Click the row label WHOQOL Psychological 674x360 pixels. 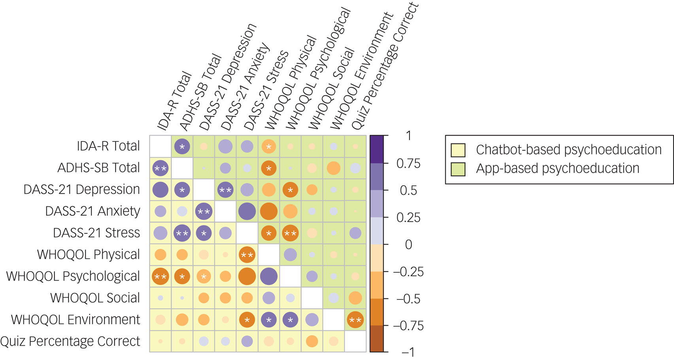[73, 276]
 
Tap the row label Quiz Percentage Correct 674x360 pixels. [70, 341]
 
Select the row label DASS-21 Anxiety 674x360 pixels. [93, 211]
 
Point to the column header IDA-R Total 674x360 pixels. [174, 102]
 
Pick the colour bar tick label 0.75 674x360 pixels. [408, 164]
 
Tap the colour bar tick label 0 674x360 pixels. [408, 245]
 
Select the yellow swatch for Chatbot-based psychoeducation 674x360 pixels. [458, 150]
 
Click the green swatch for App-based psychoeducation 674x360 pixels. [458, 169]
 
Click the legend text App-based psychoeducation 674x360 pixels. [557, 169]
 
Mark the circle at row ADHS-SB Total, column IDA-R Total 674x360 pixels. [160, 168]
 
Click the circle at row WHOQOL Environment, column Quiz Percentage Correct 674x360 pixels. [355, 320]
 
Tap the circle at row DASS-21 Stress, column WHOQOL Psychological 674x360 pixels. [291, 233]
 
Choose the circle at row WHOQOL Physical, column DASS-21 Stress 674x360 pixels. [247, 255]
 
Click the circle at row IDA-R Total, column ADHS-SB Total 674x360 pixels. [182, 147]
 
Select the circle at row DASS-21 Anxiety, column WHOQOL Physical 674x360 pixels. [269, 211]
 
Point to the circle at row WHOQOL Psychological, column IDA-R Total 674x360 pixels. [160, 277]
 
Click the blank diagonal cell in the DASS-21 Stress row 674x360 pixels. [247, 233]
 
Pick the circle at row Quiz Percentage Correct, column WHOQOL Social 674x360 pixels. [312, 341]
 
